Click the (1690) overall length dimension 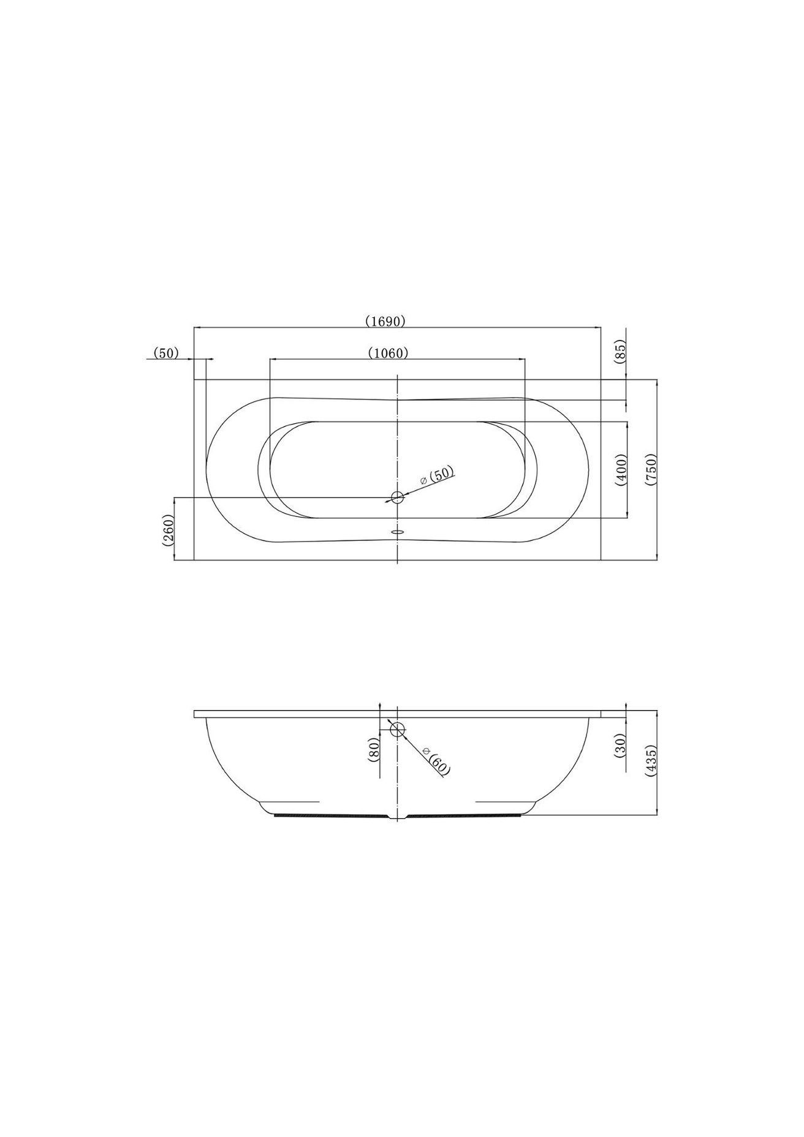pos(385,320)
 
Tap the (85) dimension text pos(621,353)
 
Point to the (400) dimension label pos(621,470)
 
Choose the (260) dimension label pos(169,529)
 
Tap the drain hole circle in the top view pos(398,497)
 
